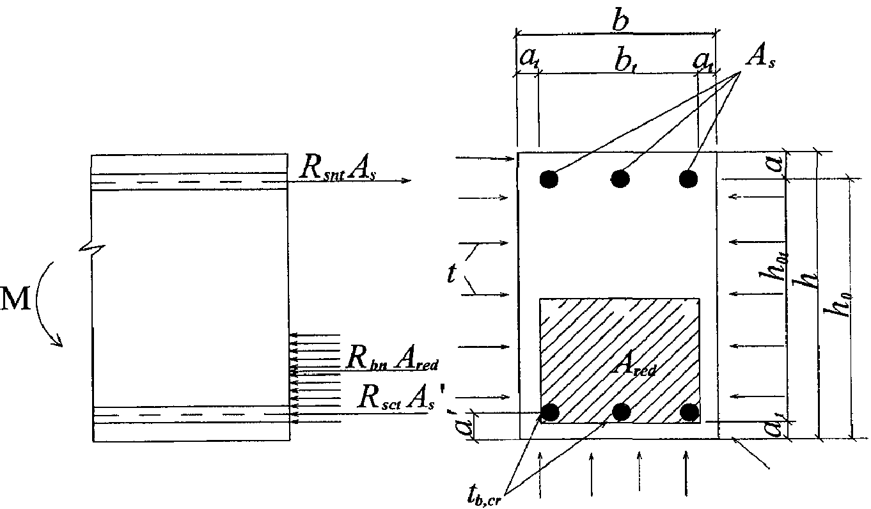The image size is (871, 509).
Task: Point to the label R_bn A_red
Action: [390, 359]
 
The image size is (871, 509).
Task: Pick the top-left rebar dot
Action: [548, 179]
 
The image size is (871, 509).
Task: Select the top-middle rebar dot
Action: [620, 179]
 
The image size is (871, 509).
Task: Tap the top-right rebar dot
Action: [688, 178]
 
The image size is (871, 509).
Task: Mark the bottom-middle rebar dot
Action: [620, 412]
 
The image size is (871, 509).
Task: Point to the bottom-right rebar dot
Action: [689, 412]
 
